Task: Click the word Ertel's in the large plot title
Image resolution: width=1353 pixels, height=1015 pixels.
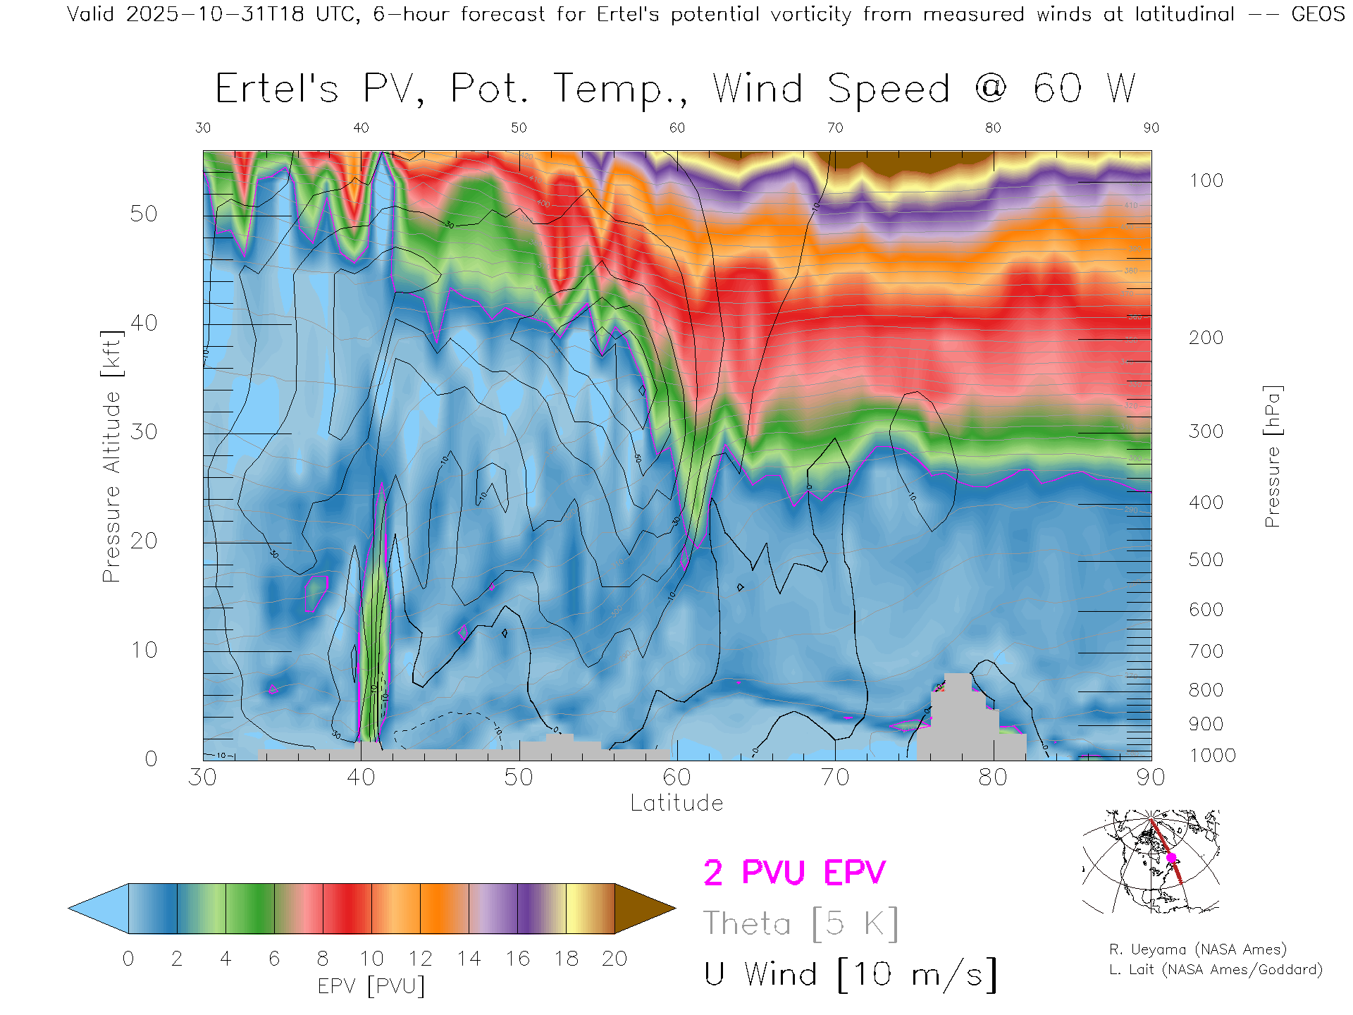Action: [276, 90]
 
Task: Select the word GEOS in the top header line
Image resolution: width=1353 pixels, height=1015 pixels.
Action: [1318, 14]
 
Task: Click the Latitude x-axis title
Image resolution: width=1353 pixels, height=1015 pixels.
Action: [676, 803]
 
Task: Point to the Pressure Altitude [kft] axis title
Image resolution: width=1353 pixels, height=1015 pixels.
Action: [111, 456]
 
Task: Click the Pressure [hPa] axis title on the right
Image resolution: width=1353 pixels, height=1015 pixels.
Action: [1272, 456]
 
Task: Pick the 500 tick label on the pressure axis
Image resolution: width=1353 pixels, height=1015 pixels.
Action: [1206, 560]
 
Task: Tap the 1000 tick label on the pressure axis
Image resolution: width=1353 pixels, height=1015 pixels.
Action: [1212, 756]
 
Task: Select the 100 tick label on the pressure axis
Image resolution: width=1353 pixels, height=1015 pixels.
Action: [1206, 180]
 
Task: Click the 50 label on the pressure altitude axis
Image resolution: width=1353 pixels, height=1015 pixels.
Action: [143, 214]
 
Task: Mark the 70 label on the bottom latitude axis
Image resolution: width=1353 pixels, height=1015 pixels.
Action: [834, 777]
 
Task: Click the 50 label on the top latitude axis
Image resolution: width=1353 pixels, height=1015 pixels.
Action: [519, 128]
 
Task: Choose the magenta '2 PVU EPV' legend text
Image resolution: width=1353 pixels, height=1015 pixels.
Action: [794, 873]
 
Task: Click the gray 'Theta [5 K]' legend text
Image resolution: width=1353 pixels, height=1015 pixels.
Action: [801, 923]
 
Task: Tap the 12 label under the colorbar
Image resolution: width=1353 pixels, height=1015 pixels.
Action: [420, 959]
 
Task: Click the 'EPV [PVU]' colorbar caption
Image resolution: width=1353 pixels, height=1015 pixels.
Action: [371, 986]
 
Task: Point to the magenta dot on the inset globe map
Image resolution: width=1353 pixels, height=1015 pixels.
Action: [1171, 858]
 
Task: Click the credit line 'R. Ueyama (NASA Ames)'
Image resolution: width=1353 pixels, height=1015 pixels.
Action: [1197, 949]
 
